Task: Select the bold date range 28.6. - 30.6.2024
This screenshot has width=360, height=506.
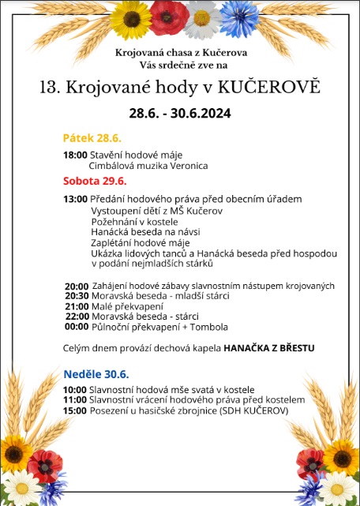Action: coord(180,113)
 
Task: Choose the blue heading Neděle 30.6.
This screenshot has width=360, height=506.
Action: coord(96,373)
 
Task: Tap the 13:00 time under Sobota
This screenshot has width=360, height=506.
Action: coord(75,199)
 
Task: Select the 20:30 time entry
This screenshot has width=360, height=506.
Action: coord(77,295)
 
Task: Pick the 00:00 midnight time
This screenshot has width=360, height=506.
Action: coord(77,326)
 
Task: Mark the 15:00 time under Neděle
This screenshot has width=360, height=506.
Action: coord(75,410)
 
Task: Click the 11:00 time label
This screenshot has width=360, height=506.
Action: coord(75,400)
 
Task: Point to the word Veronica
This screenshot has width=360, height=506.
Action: coord(186,166)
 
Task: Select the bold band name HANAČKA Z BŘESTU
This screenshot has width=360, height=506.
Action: coord(269,347)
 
